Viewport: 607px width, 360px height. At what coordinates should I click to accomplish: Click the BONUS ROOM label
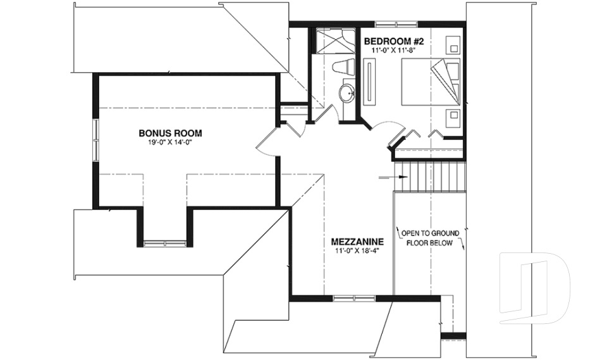170,133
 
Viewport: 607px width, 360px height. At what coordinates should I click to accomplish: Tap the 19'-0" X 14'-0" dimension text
171,142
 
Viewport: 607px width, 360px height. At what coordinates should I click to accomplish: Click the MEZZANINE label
357,242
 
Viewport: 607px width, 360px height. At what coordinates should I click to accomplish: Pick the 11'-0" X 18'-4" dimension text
357,251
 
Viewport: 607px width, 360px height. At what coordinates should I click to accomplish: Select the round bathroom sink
346,94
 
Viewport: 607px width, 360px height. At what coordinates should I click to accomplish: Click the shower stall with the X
331,40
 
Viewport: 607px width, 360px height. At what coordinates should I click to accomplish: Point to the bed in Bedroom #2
431,82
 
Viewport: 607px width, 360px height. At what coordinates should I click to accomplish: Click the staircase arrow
393,177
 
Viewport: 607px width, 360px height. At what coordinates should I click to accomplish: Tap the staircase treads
429,177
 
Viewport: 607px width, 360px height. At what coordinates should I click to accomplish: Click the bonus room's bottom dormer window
165,244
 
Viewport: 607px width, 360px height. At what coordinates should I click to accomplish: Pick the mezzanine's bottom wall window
354,298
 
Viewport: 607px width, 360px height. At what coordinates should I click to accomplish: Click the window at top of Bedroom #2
396,25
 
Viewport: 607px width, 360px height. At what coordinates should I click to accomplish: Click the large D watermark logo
535,287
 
